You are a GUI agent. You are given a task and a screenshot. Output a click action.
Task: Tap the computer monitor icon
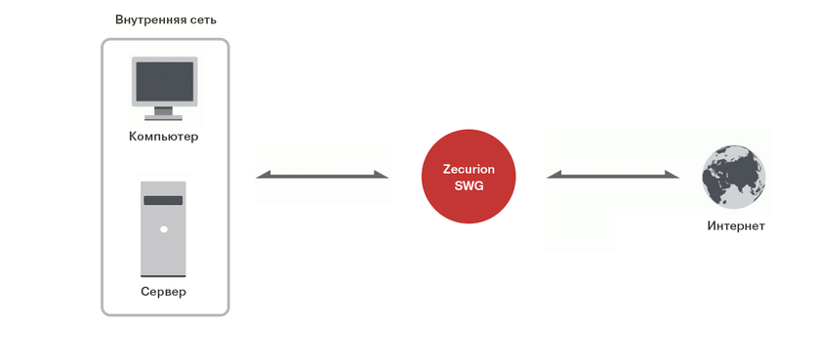tap(164, 87)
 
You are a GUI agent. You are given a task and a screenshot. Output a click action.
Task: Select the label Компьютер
tap(164, 137)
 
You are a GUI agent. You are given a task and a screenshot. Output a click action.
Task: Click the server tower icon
tap(164, 228)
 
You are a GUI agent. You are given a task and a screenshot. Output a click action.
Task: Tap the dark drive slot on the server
tap(164, 201)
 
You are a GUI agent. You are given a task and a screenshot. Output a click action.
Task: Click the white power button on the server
tap(164, 229)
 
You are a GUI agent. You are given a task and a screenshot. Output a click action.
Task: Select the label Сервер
tap(164, 292)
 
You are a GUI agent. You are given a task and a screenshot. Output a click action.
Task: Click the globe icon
tap(734, 177)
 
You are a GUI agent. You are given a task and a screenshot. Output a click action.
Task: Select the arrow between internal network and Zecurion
tap(322, 176)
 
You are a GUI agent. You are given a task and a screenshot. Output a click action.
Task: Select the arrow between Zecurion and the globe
tap(613, 176)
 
